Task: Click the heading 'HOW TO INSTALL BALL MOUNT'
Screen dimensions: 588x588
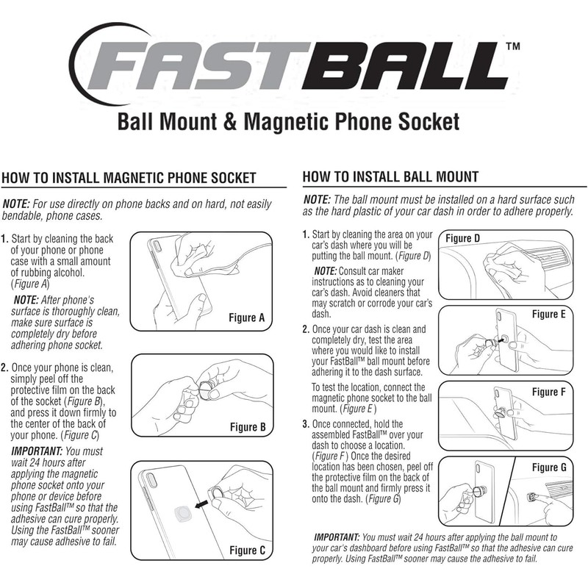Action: [390, 176]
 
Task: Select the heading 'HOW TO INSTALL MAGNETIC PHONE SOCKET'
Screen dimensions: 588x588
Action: [129, 177]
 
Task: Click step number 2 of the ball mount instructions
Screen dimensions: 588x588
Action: [306, 329]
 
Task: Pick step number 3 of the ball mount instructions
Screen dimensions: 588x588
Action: [306, 424]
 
